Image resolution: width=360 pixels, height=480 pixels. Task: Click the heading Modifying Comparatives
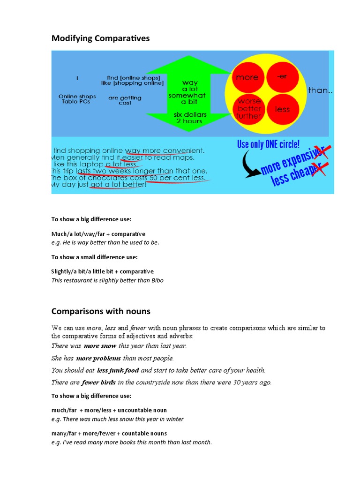pyautogui.click(x=100, y=38)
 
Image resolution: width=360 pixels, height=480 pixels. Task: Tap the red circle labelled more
pyautogui.click(x=247, y=77)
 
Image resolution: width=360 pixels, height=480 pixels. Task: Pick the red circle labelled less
pyautogui.click(x=282, y=109)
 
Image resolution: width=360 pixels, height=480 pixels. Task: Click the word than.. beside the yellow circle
pyautogui.click(x=321, y=90)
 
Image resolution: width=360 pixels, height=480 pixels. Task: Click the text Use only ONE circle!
pyautogui.click(x=268, y=144)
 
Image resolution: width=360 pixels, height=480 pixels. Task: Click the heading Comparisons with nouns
pyautogui.click(x=101, y=311)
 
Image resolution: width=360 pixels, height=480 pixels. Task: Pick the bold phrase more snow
pyautogui.click(x=100, y=346)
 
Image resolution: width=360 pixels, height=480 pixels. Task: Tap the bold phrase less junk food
pyautogui.click(x=118, y=370)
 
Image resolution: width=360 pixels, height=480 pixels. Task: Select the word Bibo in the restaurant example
pyautogui.click(x=157, y=280)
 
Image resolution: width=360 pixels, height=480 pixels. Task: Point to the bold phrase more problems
pyautogui.click(x=102, y=358)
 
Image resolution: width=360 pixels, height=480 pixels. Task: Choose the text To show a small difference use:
pyautogui.click(x=94, y=257)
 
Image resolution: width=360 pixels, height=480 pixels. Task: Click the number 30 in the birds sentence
pyautogui.click(x=237, y=382)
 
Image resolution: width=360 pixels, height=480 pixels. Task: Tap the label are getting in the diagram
pyautogui.click(x=125, y=98)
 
